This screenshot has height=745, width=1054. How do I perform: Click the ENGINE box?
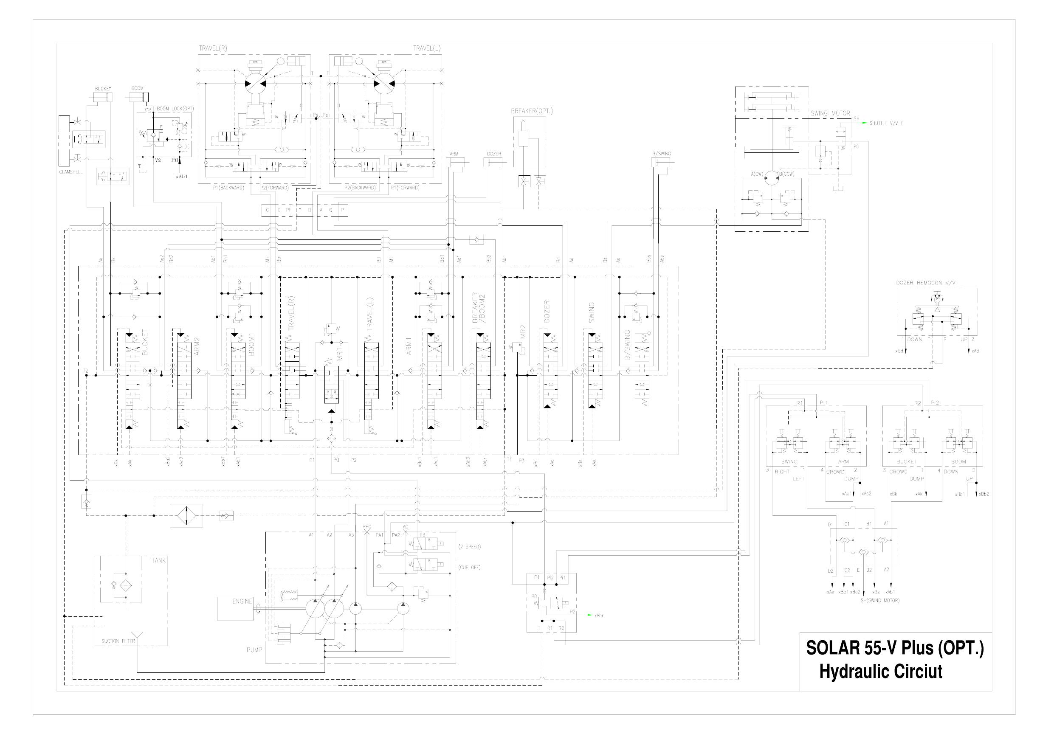coord(235,608)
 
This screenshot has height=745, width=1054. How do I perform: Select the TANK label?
coord(159,560)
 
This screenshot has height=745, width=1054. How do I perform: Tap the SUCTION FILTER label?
coord(118,641)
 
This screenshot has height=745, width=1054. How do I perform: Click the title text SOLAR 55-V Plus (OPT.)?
coord(895,648)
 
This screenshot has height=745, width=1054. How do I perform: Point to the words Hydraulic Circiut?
coord(880,672)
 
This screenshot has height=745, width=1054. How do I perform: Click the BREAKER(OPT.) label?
coord(532,111)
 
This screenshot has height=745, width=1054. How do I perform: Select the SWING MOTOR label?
coord(830,113)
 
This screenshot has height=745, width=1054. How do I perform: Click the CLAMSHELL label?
coord(70,172)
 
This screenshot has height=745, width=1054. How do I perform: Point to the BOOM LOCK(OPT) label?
coord(175,109)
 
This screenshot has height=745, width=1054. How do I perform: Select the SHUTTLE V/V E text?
coord(886,124)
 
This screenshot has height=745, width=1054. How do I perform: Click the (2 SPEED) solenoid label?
coord(469,547)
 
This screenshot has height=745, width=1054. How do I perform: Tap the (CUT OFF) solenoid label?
coord(469,568)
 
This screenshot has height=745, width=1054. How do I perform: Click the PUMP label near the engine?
coord(254,649)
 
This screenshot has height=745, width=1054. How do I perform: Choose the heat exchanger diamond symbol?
coord(186,515)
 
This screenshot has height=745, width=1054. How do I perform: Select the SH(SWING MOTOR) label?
coord(879,600)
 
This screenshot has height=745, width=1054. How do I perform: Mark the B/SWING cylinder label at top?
coord(661,154)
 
